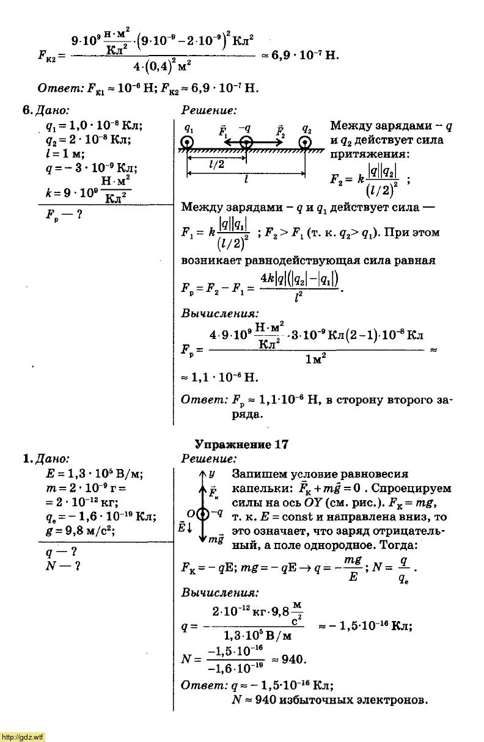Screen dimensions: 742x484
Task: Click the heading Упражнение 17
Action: pos(241,445)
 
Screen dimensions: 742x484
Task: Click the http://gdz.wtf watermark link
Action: pos(23,737)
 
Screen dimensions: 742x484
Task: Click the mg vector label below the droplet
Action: pos(216,540)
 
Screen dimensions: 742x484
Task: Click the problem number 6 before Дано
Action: pos(26,111)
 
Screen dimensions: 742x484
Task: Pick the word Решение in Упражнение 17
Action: pos(210,459)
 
